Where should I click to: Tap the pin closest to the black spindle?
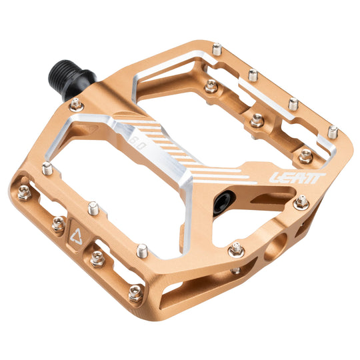[x=77, y=104]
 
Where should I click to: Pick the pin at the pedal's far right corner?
[x=333, y=132]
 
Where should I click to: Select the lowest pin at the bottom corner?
[x=135, y=292]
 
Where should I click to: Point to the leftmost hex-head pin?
[x=24, y=193]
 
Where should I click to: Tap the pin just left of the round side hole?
[x=235, y=249]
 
